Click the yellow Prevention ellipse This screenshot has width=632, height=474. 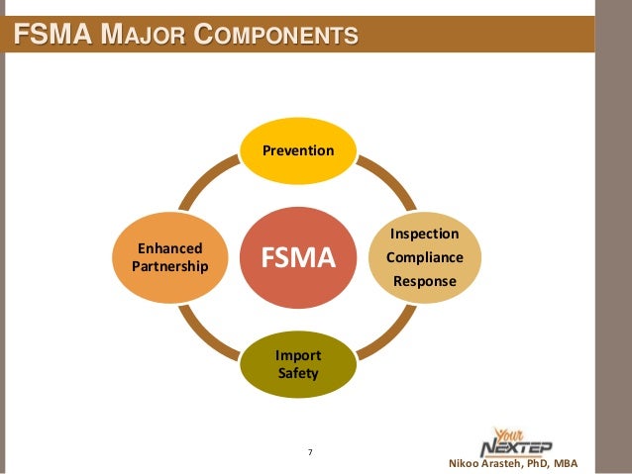[297, 150]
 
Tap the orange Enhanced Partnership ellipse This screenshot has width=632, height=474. [170, 258]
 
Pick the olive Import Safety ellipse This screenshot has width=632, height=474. [298, 363]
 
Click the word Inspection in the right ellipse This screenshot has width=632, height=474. [425, 235]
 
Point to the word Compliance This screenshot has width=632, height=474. [425, 258]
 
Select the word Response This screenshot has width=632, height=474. [425, 282]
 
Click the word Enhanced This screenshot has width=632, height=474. [170, 248]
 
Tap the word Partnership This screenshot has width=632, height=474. [170, 268]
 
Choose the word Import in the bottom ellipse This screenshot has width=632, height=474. [298, 353]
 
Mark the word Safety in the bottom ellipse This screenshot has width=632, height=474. [298, 374]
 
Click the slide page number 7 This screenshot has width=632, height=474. [310, 452]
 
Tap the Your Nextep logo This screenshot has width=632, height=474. [514, 442]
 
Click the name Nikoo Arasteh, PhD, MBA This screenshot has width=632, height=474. [513, 464]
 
